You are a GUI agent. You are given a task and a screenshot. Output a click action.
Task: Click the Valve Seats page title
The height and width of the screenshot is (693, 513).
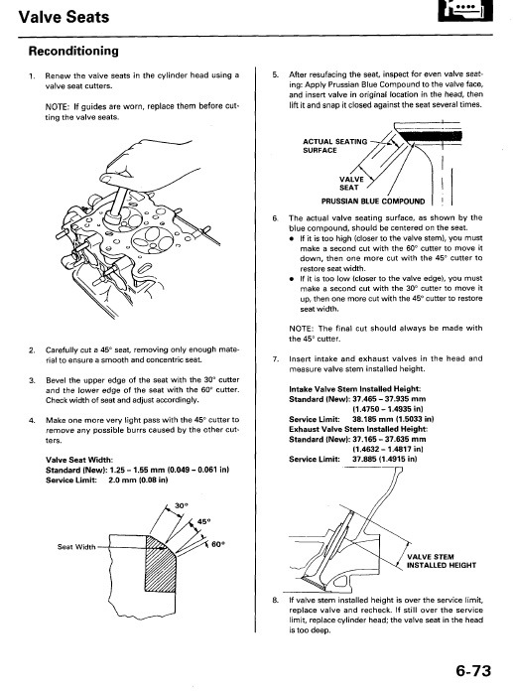64,17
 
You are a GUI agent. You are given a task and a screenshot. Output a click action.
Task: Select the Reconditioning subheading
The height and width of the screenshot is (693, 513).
73,52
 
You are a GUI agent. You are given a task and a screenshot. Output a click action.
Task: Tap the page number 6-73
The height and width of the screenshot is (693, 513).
473,671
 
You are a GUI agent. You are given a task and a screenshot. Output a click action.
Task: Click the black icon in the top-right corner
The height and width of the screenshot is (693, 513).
465,10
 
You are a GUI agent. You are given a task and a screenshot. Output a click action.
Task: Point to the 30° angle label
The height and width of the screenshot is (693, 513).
182,505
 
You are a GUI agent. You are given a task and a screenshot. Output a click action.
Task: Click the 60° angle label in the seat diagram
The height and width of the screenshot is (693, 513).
218,544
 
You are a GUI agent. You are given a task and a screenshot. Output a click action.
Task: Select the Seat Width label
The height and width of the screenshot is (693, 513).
76,547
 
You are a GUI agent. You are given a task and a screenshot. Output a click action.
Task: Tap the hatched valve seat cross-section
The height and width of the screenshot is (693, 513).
160,564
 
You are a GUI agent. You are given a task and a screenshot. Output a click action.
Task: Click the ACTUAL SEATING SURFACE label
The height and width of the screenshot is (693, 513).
335,146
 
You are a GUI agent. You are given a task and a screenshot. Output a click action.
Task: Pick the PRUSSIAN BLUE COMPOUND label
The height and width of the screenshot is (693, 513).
373,202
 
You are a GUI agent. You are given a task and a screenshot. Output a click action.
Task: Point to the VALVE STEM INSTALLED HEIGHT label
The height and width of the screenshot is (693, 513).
442,561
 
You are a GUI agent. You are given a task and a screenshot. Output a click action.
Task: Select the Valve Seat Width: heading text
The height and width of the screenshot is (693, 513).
79,460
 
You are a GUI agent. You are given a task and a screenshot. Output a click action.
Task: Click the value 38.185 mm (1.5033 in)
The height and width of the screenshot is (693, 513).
393,419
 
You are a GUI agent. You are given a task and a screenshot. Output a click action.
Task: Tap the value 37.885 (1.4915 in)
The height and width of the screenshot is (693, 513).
384,459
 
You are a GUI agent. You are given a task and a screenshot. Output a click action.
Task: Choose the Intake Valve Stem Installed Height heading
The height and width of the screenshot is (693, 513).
355,389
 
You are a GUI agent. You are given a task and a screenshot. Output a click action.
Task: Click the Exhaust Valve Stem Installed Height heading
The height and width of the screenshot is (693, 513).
358,429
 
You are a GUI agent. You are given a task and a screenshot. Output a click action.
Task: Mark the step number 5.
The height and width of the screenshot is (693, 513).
275,74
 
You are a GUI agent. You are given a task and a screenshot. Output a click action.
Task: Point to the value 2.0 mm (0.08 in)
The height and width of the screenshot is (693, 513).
138,480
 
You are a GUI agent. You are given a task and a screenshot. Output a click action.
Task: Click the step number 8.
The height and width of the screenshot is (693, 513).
275,601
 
